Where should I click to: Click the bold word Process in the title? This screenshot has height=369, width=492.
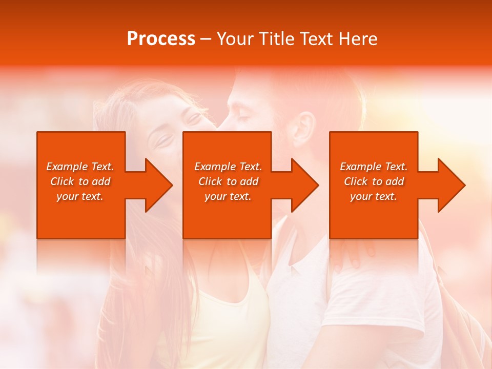click(x=161, y=39)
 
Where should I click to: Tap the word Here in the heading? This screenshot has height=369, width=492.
click(x=359, y=39)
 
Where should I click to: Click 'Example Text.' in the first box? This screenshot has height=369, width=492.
click(x=80, y=167)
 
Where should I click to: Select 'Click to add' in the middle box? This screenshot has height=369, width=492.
click(x=228, y=181)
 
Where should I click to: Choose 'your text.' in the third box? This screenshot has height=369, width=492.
click(x=374, y=196)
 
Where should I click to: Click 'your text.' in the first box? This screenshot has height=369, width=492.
click(x=80, y=196)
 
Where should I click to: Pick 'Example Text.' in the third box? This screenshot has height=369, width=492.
click(x=374, y=167)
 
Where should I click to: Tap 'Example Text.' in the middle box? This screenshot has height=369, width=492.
click(x=228, y=167)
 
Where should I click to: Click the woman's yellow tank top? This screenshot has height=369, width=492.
click(x=225, y=328)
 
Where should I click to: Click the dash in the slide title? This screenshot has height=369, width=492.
click(x=206, y=39)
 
